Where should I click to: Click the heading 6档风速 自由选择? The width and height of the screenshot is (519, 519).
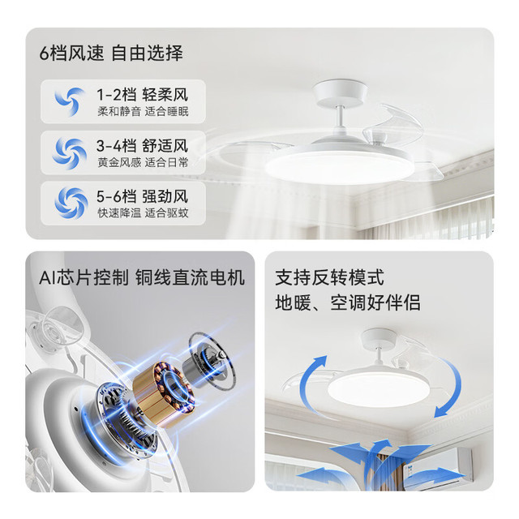coord(111,53)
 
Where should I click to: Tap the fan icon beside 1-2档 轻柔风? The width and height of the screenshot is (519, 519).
coord(70,101)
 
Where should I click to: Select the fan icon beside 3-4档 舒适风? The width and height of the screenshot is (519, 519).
coord(70,152)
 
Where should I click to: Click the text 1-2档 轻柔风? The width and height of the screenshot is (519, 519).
coord(143,95)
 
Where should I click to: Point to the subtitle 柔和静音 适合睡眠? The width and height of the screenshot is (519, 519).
coord(143,112)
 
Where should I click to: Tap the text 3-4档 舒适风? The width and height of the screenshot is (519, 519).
coord(143,146)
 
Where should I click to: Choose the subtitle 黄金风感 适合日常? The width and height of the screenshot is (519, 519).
coord(143,162)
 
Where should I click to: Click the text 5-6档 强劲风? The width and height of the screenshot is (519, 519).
coord(143,196)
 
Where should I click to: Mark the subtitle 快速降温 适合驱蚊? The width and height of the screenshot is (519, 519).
coord(143,212)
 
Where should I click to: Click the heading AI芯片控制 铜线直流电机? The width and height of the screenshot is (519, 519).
coord(142,277)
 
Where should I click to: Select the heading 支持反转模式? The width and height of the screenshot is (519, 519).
coord(329,277)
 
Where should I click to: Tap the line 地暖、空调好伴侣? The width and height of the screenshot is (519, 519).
coord(348,302)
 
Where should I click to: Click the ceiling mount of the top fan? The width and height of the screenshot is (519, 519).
coord(341,93)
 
